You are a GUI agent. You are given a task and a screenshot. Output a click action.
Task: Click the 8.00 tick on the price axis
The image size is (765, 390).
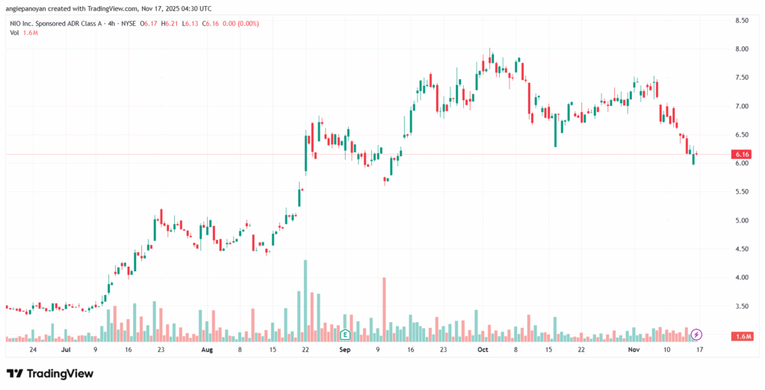click(742, 49)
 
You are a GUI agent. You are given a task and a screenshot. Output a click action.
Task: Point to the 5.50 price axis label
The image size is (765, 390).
click(742, 192)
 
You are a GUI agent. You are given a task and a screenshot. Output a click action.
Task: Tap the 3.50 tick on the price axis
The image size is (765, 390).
click(742, 306)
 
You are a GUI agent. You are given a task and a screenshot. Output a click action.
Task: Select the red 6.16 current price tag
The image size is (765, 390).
click(742, 154)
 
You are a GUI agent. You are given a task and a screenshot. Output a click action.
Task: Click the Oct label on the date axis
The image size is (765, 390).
click(483, 349)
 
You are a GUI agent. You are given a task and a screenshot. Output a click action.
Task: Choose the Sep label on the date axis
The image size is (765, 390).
click(344, 349)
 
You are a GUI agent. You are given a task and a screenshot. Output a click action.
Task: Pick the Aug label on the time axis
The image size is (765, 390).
click(207, 349)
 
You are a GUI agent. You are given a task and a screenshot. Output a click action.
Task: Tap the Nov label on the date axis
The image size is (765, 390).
click(634, 349)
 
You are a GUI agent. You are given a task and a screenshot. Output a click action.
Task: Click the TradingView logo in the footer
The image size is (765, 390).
click(50, 373)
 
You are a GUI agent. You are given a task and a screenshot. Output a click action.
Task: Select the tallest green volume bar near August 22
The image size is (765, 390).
click(306, 299)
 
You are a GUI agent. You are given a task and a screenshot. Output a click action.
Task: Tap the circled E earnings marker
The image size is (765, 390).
click(345, 333)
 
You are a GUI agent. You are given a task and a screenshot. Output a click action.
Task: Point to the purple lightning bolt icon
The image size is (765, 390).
click(696, 333)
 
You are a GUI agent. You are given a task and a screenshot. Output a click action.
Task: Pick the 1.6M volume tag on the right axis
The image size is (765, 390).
click(743, 337)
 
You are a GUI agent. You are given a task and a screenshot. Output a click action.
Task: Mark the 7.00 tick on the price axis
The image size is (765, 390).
click(742, 106)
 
